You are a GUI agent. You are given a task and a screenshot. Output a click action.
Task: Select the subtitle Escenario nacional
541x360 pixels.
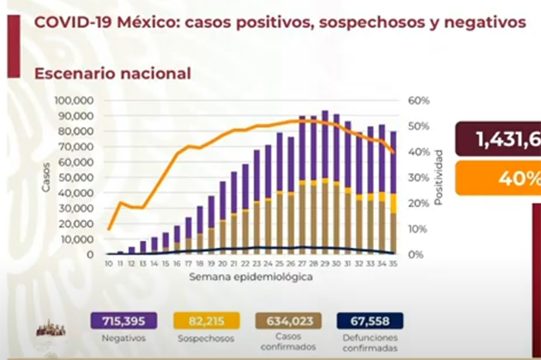pyautogui.click(x=112, y=74)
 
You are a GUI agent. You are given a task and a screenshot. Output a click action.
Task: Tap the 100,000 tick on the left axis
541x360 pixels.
pyautogui.click(x=74, y=100)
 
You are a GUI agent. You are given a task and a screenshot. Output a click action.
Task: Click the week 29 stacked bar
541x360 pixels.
pyautogui.click(x=325, y=182)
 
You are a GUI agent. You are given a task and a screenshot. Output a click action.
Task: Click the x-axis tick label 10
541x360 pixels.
pyautogui.click(x=109, y=263)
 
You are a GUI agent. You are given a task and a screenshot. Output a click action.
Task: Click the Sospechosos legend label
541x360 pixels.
pyautogui.click(x=206, y=338)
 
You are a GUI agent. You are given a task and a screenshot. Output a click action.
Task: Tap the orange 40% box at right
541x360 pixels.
pyautogui.click(x=498, y=178)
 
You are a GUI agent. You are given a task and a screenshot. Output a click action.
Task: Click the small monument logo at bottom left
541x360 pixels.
pyautogui.click(x=51, y=328)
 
